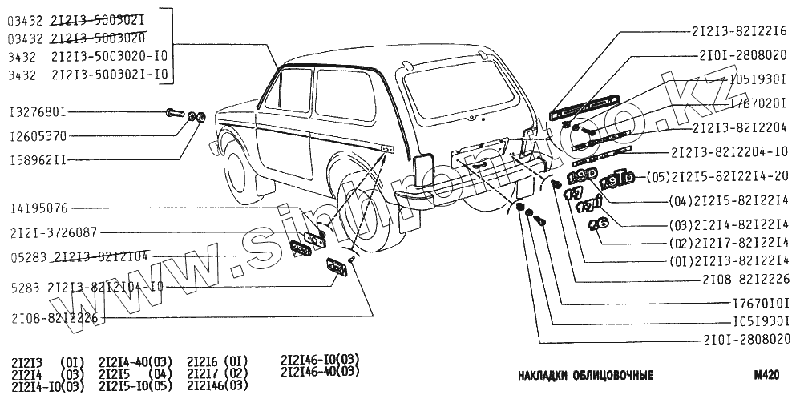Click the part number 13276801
pos(38,111)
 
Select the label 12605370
pos(38,136)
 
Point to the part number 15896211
pos(38,160)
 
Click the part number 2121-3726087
pos(54,232)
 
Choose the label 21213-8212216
pos(740,33)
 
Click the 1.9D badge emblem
pos(580,176)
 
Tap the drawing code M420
pos(766,374)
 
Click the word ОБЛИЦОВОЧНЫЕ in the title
pos(608,375)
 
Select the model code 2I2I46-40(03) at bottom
pos(321,371)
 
